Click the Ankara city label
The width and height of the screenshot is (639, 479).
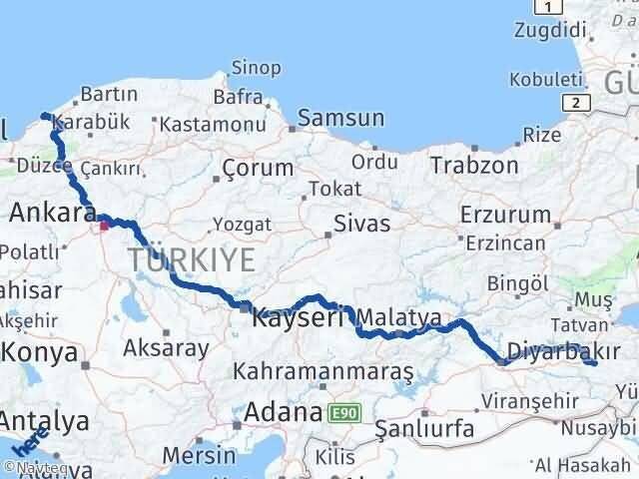(52, 212)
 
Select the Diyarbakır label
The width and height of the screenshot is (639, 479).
(559, 350)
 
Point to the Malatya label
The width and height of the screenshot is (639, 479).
(398, 317)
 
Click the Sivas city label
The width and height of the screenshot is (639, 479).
(361, 223)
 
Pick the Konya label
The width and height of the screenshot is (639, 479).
(41, 352)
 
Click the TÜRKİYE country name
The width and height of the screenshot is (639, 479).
(191, 260)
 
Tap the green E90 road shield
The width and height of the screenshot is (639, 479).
(345, 411)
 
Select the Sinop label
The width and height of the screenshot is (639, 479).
(256, 68)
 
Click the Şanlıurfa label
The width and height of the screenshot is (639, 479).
(423, 430)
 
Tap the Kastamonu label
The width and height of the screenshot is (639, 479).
(213, 124)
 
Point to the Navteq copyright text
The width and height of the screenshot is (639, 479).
(31, 465)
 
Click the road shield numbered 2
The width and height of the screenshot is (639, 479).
(575, 102)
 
